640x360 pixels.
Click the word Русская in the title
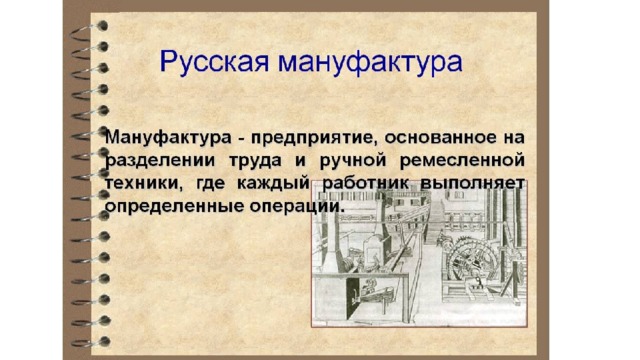tap(215, 62)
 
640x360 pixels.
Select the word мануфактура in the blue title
tap(370, 62)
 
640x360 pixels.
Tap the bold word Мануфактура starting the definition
tap(168, 138)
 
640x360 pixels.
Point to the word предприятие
tap(313, 138)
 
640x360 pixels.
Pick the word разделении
tap(160, 161)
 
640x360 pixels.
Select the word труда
tap(255, 161)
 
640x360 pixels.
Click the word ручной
tap(353, 161)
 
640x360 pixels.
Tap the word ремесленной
tap(462, 160)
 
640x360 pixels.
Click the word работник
tap(365, 183)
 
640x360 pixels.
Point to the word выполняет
tap(473, 183)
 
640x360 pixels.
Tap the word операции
tap(295, 207)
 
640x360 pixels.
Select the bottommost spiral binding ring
tap(91, 342)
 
